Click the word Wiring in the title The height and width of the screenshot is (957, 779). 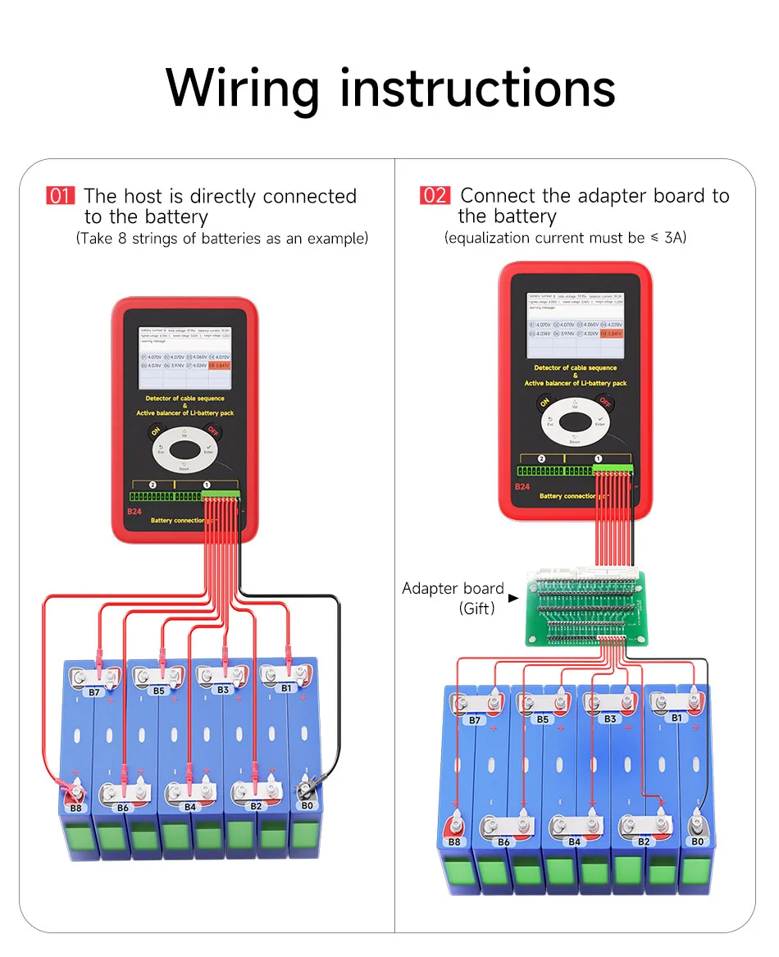tap(242, 87)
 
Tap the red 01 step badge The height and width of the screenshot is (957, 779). tap(61, 196)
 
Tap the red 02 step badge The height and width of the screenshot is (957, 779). tap(435, 195)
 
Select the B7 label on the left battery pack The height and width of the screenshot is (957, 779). tap(94, 692)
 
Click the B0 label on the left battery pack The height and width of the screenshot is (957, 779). tap(307, 806)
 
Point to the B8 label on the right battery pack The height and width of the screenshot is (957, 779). tap(454, 841)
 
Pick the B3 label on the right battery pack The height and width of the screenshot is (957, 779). tap(609, 719)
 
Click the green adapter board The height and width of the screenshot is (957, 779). tap(588, 608)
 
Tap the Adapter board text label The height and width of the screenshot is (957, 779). tap(452, 589)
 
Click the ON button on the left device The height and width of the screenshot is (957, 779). tap(155, 432)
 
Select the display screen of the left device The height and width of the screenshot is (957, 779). tap(184, 359)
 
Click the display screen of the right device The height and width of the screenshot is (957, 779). tap(575, 326)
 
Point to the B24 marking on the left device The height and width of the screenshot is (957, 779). tap(134, 512)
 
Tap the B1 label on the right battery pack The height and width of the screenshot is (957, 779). tap(676, 718)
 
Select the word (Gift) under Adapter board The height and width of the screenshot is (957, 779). tap(476, 608)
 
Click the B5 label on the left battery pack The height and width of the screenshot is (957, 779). tap(158, 691)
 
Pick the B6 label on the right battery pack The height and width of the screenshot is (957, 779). tap(503, 842)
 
